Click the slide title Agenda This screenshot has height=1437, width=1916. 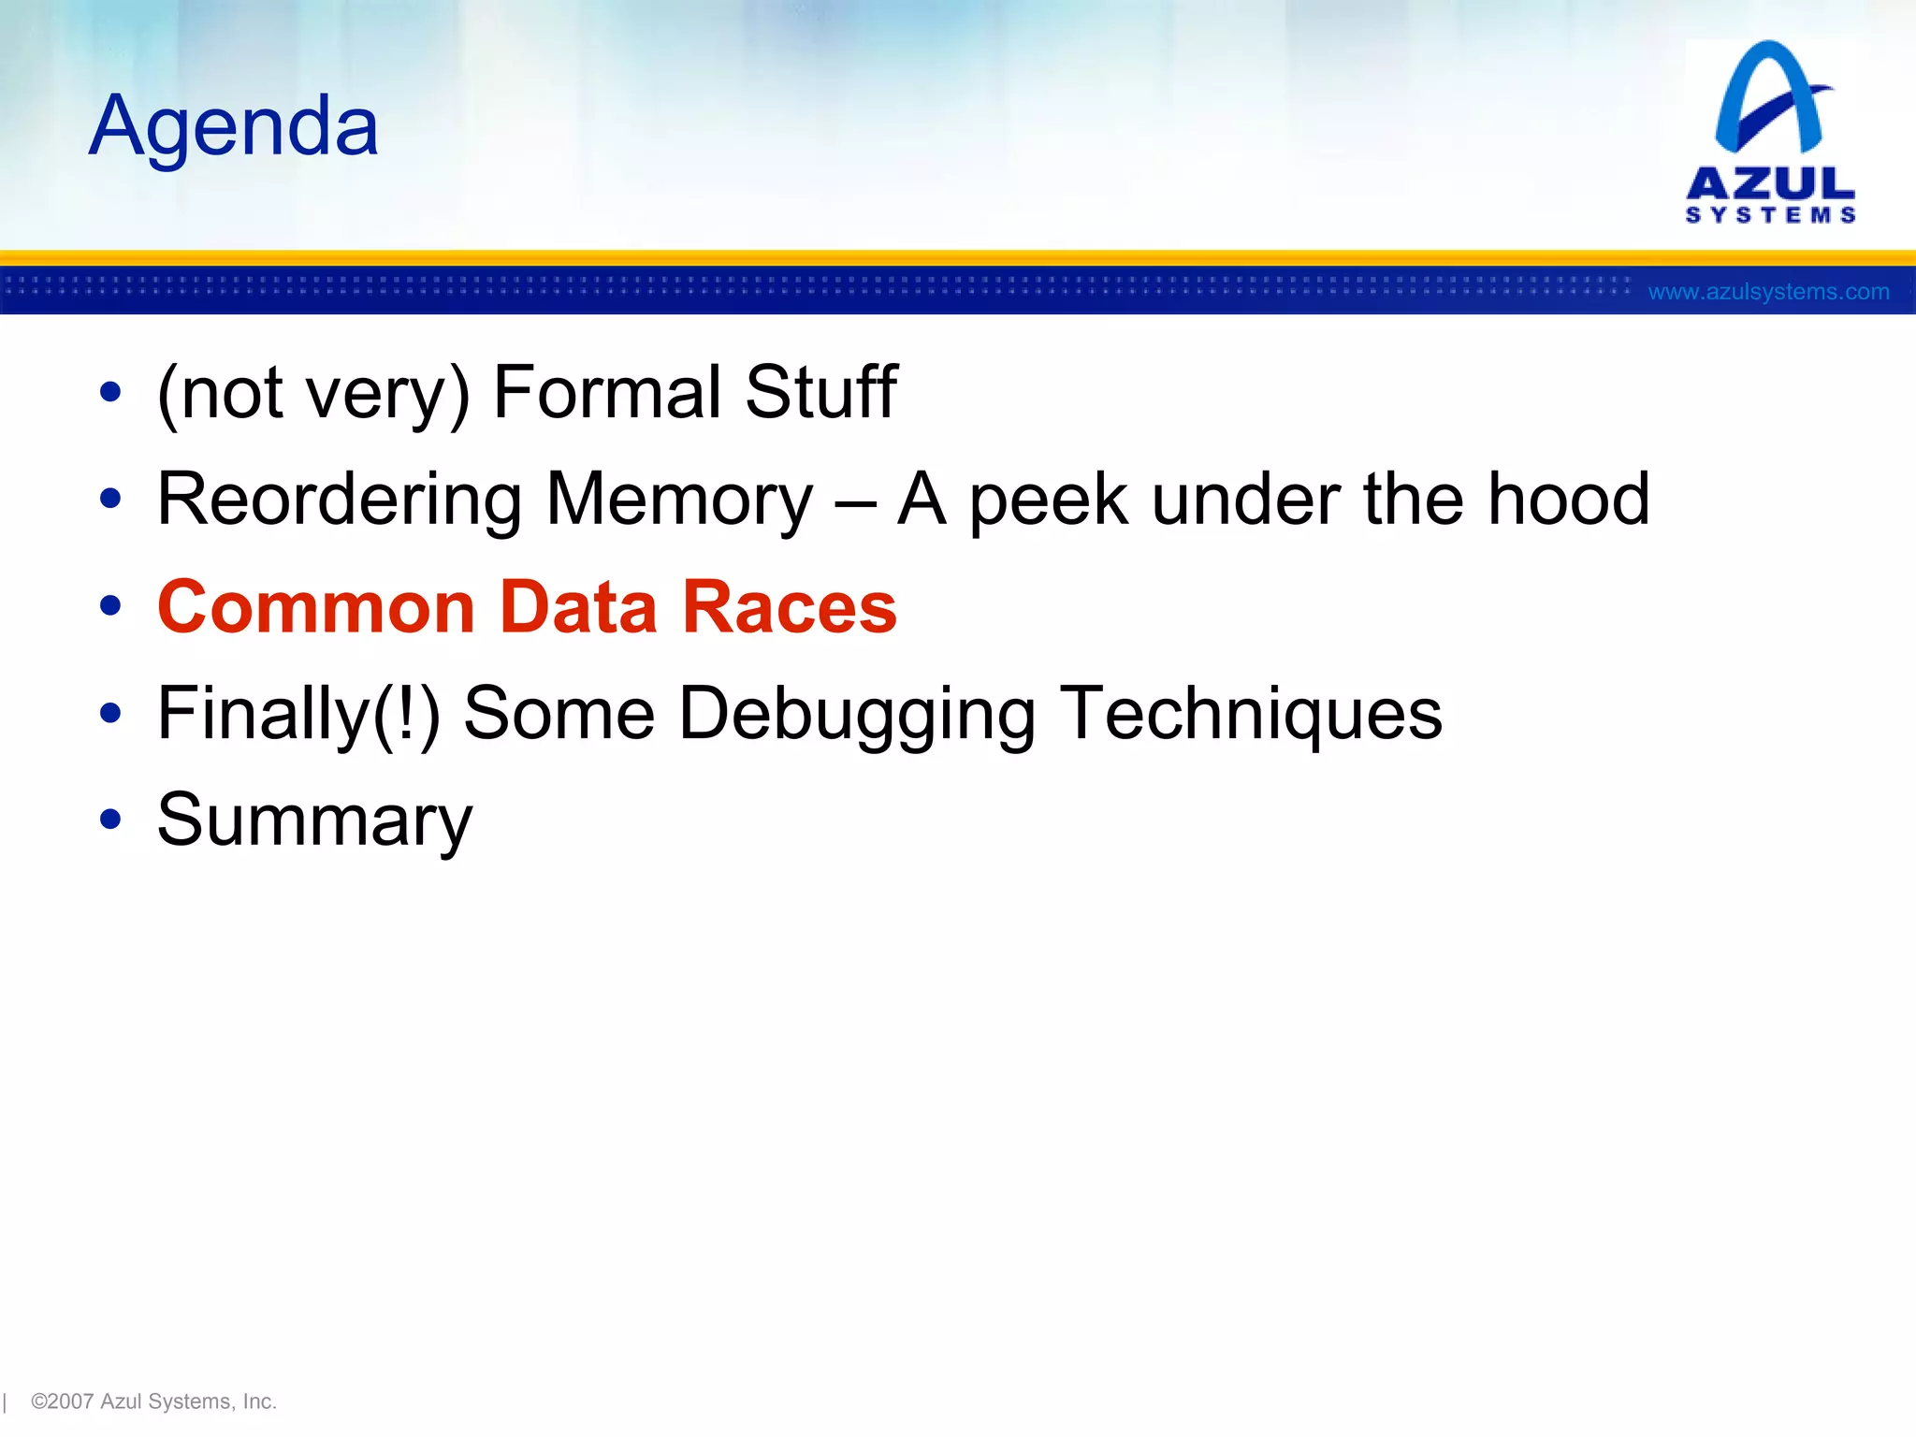(234, 126)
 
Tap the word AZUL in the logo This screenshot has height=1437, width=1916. (1770, 183)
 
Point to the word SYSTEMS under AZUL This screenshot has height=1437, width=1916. (1770, 216)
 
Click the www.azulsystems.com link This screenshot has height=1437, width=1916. (1768, 292)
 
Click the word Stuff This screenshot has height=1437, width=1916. (820, 392)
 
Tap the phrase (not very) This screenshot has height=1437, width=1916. (313, 394)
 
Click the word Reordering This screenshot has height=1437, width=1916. (340, 501)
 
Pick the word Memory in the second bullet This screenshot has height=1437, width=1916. (679, 501)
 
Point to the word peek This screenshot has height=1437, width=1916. (1048, 501)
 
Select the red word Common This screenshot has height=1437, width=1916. (317, 607)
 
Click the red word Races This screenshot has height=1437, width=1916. (789, 607)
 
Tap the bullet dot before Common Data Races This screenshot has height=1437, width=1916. (110, 606)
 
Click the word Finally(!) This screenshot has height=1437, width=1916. (298, 715)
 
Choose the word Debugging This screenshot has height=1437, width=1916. (856, 715)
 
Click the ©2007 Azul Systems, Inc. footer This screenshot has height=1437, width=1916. (153, 1401)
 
